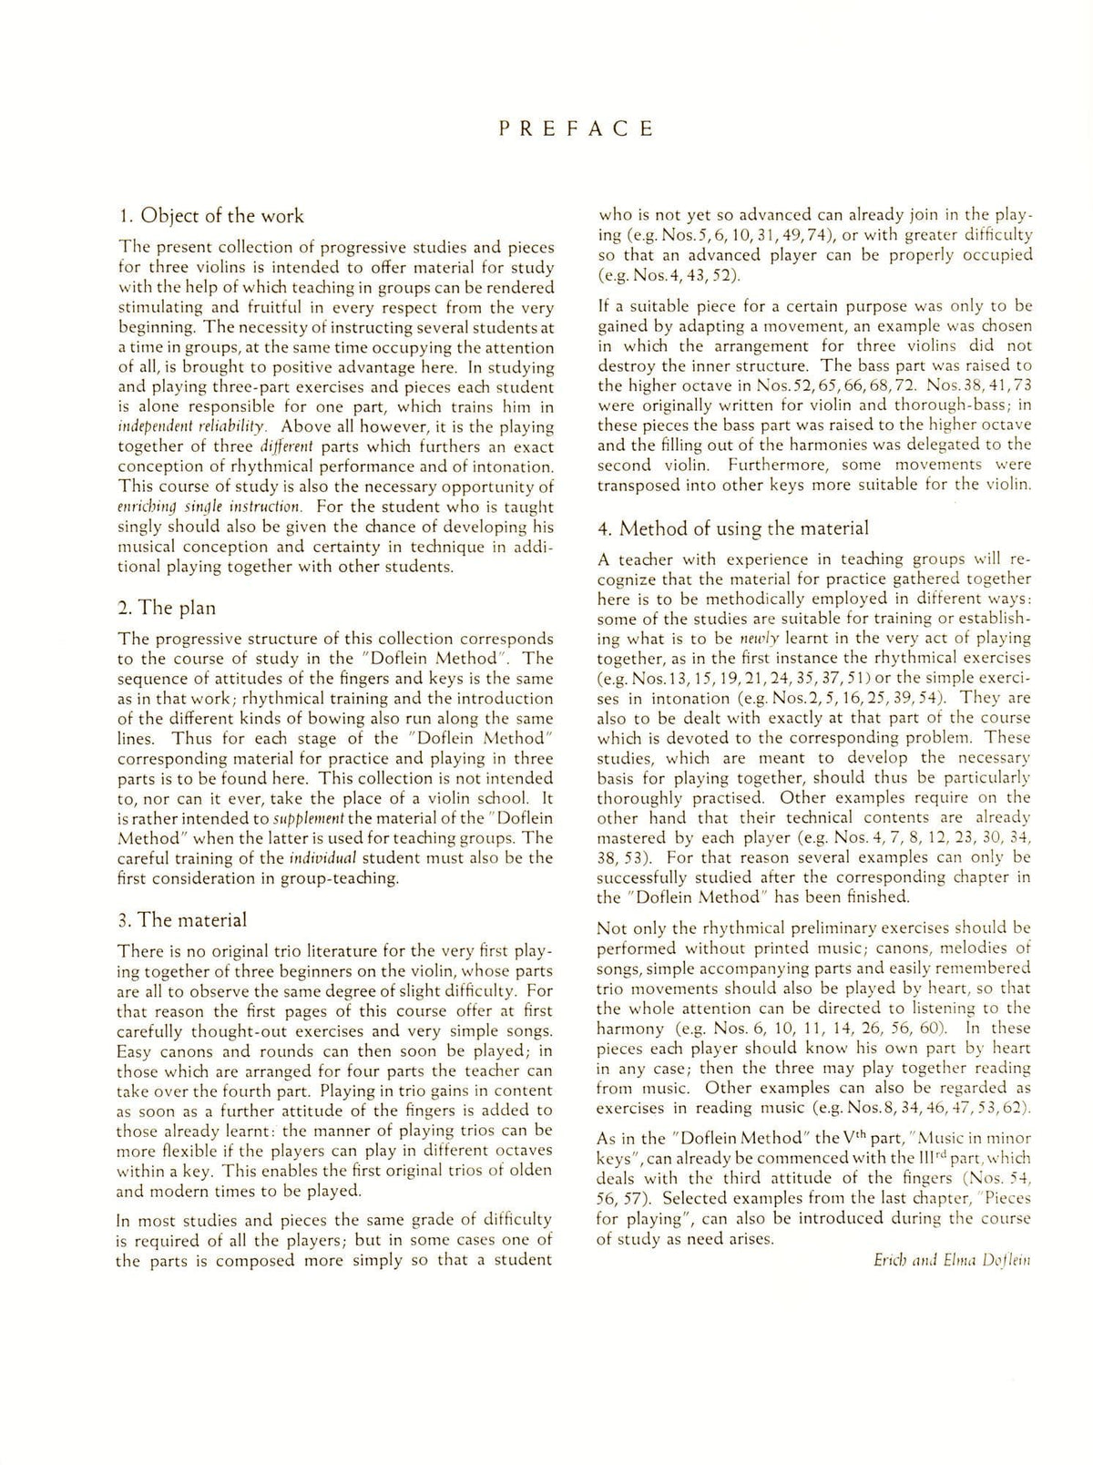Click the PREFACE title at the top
tap(576, 128)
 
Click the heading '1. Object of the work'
tap(211, 216)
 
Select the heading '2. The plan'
tap(167, 608)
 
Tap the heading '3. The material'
tap(182, 920)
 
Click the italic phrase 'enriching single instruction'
tap(209, 506)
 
